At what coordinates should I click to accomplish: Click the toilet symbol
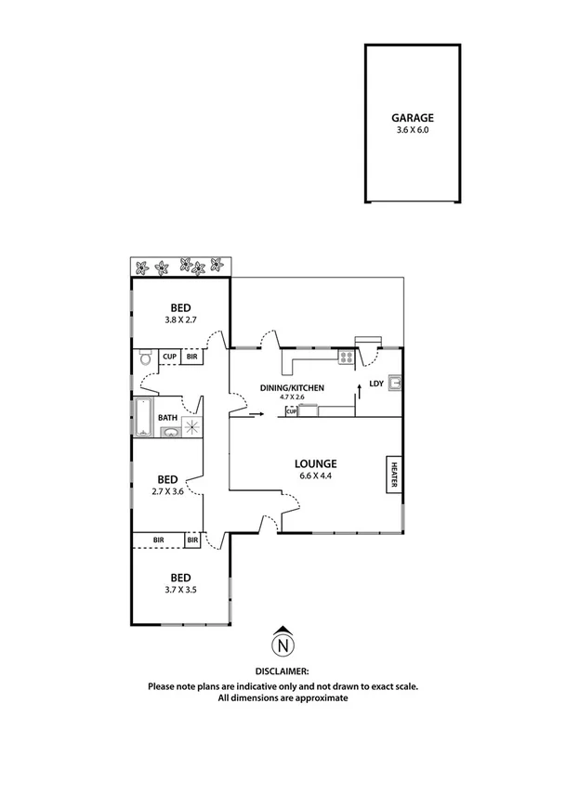point(145,358)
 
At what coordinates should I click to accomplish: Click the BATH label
point(168,418)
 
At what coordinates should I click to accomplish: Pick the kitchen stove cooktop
point(347,356)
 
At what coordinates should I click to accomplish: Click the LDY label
point(376,383)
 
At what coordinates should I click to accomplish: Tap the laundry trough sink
point(395,381)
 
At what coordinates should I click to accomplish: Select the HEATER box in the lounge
point(393,474)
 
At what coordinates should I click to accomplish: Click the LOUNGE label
point(316,464)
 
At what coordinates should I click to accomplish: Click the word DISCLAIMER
point(282,670)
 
